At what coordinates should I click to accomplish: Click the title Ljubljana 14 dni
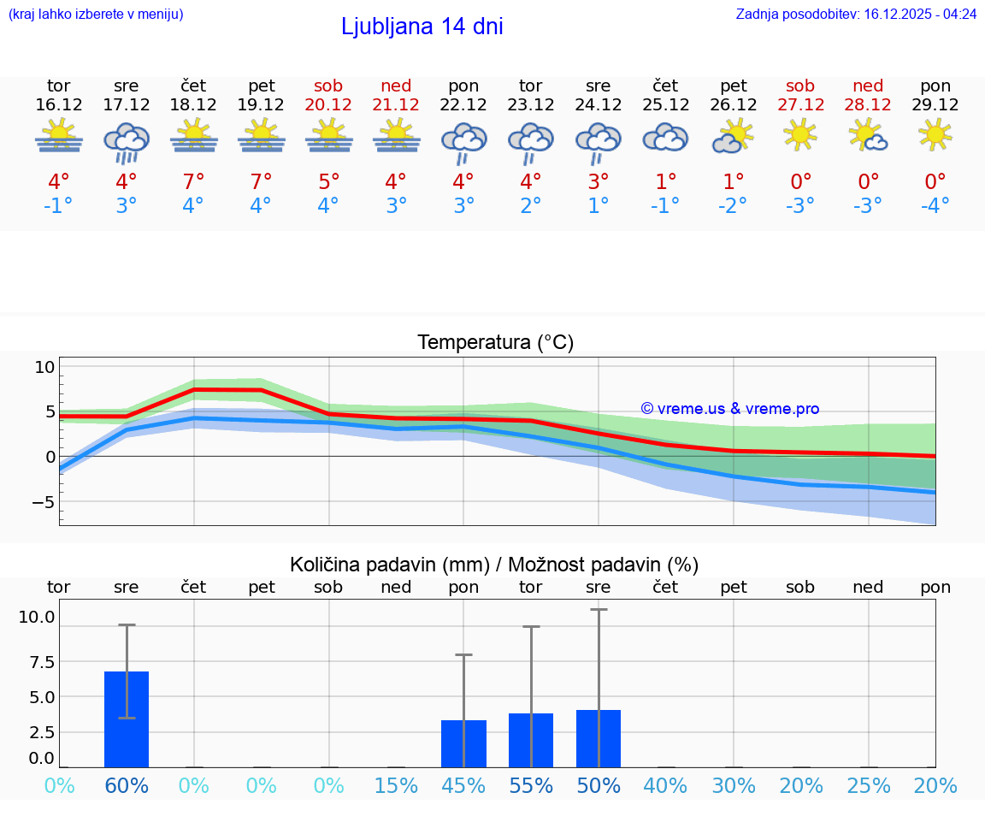422,27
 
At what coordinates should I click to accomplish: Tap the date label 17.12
126,105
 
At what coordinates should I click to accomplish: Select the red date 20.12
328,105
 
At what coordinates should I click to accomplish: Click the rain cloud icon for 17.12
126,141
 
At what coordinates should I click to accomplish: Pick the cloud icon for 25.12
665,138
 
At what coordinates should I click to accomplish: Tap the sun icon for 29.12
935,134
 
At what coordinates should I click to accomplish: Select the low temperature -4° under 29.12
935,206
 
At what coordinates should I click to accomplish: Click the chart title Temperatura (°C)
495,343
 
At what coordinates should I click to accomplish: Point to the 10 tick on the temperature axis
44,368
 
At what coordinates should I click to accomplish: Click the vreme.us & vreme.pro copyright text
729,409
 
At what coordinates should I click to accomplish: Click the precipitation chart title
494,565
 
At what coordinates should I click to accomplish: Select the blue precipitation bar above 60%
127,719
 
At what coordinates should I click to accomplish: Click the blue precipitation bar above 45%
463,743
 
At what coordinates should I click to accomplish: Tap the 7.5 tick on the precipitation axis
37,661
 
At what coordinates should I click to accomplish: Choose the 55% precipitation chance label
531,785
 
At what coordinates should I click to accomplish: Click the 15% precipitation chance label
396,785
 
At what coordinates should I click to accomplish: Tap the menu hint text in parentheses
96,15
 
